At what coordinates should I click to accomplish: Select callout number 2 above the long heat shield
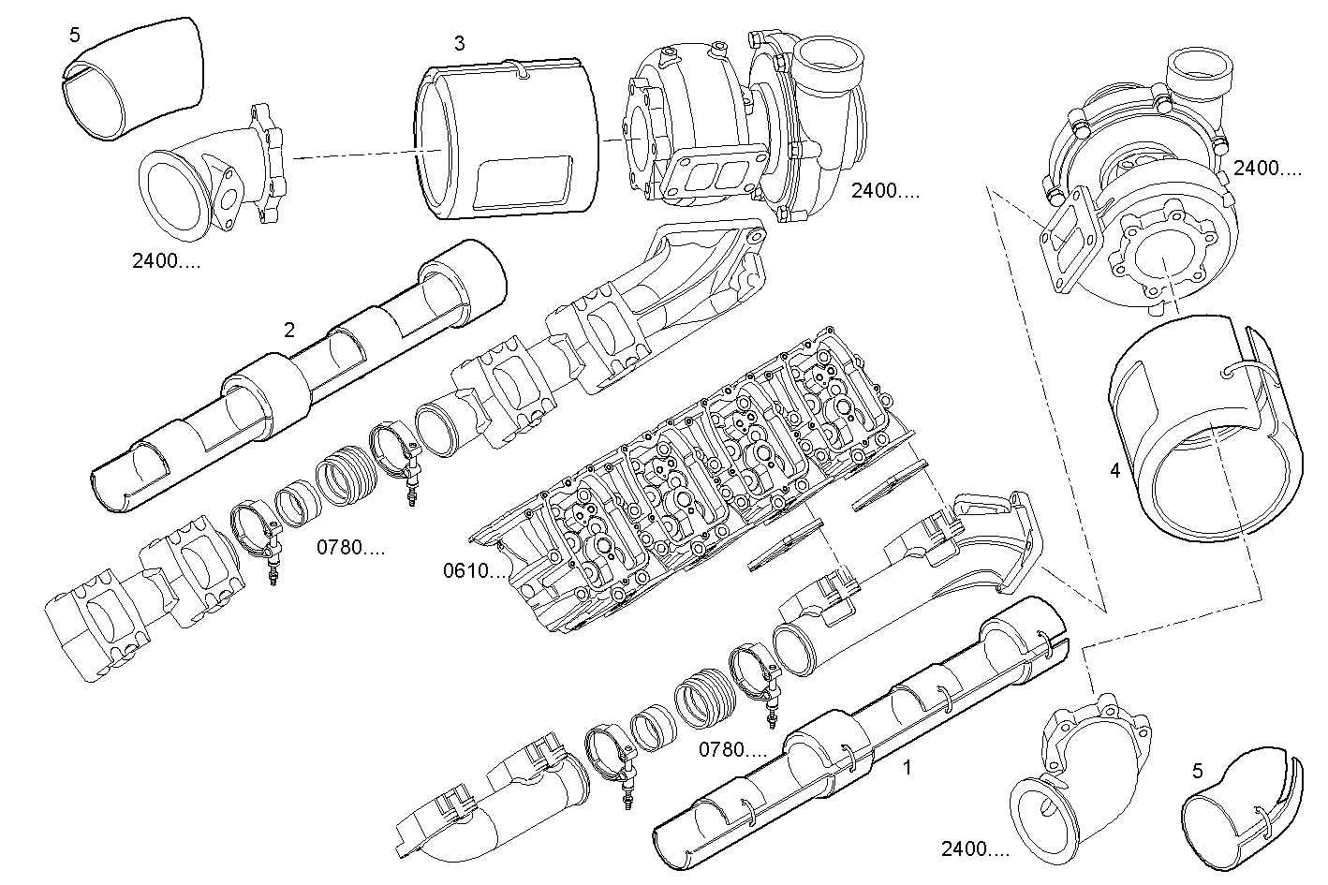tap(289, 330)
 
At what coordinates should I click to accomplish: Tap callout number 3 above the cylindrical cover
tap(459, 43)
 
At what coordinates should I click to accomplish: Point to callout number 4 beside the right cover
tap(1114, 471)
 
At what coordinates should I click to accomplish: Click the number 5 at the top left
tap(75, 36)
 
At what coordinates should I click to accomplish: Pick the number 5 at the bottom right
tap(1198, 772)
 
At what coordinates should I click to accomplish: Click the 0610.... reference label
tap(477, 570)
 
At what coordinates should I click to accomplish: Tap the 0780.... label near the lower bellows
tap(733, 749)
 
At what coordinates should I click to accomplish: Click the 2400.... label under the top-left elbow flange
tap(166, 260)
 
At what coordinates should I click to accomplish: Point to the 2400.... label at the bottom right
tap(975, 849)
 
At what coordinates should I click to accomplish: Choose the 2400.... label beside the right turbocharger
tap(1267, 169)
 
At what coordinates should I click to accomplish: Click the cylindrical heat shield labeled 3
tap(506, 140)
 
